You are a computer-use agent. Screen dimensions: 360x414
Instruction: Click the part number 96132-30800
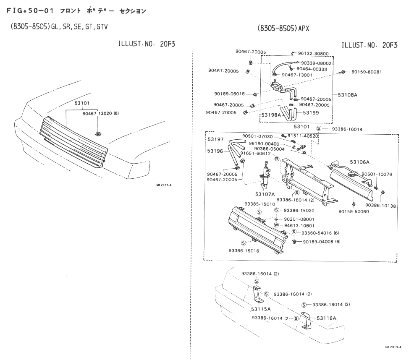tap(313, 54)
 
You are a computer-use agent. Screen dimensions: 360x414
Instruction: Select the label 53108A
tap(348, 95)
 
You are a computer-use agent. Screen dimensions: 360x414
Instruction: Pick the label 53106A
tap(360, 162)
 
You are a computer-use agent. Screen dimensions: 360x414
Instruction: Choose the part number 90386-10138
tap(380, 206)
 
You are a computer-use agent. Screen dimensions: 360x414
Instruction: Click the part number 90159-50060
tap(354, 211)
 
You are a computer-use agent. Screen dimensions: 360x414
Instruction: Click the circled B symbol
tap(277, 159)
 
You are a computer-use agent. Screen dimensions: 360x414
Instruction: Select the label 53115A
tap(261, 309)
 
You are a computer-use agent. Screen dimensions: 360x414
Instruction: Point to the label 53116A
tap(326, 318)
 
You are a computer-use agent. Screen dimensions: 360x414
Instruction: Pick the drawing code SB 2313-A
tap(393, 347)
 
